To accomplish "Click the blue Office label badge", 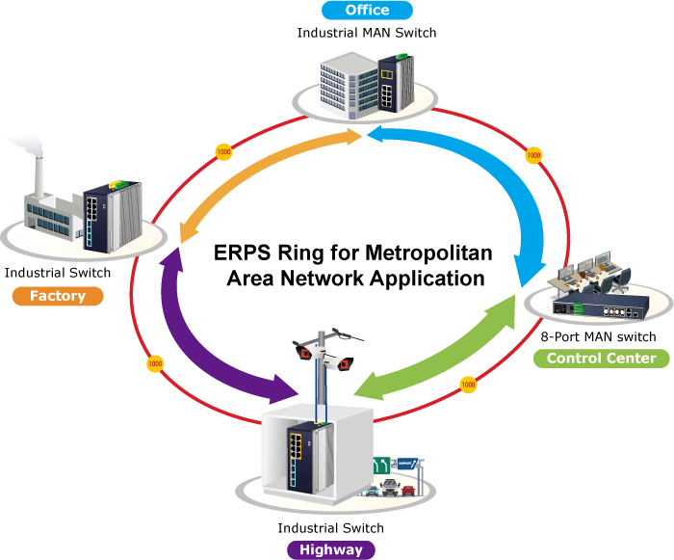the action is tap(367, 10).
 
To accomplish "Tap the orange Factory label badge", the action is tap(58, 296).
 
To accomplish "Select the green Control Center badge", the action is tap(602, 359).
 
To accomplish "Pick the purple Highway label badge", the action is tap(331, 549).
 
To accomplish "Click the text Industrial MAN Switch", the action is tap(367, 33).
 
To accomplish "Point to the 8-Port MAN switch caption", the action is tap(598, 336).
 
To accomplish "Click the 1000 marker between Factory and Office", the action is tap(223, 152).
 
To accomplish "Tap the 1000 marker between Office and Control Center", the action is tap(533, 155).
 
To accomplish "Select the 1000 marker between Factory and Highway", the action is tap(155, 363).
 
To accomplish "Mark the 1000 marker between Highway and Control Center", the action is tap(468, 385).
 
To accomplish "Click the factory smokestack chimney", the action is tap(39, 177).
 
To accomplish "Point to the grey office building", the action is tap(349, 85).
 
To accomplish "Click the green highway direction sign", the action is tap(381, 466).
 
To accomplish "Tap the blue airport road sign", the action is tap(407, 464).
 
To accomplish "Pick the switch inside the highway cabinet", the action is tap(310, 458).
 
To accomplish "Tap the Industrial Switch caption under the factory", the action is tap(58, 273).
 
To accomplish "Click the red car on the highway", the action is tap(408, 491).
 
